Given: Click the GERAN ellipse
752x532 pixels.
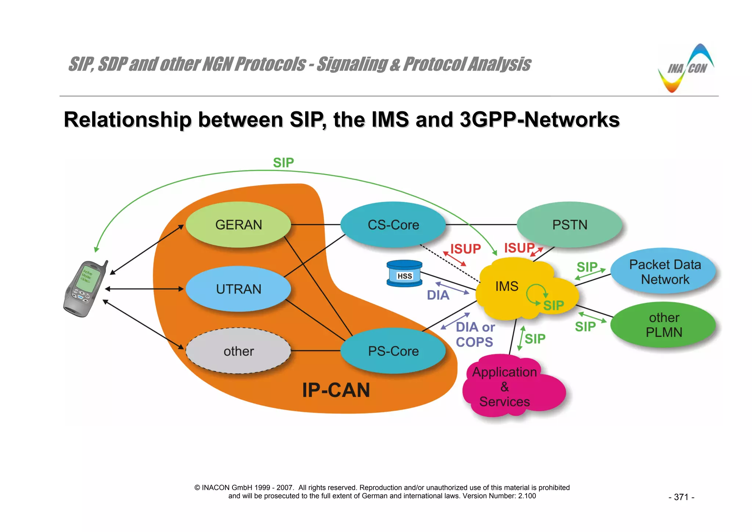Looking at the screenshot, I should point(238,224).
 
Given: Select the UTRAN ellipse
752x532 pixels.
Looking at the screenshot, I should point(238,289).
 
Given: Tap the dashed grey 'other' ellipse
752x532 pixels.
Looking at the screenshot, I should point(238,351).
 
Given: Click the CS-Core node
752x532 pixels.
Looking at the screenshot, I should point(393,224).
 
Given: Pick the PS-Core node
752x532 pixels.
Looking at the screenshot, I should point(393,351).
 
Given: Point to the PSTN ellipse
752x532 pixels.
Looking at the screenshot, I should point(570,224).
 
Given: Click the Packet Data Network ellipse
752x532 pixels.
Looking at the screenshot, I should point(665,272).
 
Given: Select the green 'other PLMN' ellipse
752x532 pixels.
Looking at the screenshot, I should point(664,325).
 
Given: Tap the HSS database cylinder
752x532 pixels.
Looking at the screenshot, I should point(404,274).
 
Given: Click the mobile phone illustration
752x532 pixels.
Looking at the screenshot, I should point(85,289).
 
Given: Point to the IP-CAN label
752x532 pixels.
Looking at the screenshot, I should point(336,390).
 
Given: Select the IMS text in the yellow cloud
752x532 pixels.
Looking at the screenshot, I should point(507,286).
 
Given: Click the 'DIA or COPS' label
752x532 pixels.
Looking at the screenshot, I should point(475,334).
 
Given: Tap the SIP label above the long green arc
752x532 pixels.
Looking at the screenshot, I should point(283,162).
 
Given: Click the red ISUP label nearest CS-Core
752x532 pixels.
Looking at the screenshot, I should point(466,249).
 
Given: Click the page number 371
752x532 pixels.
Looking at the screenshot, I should point(681,497).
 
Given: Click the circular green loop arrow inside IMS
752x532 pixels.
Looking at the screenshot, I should point(536,293).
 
